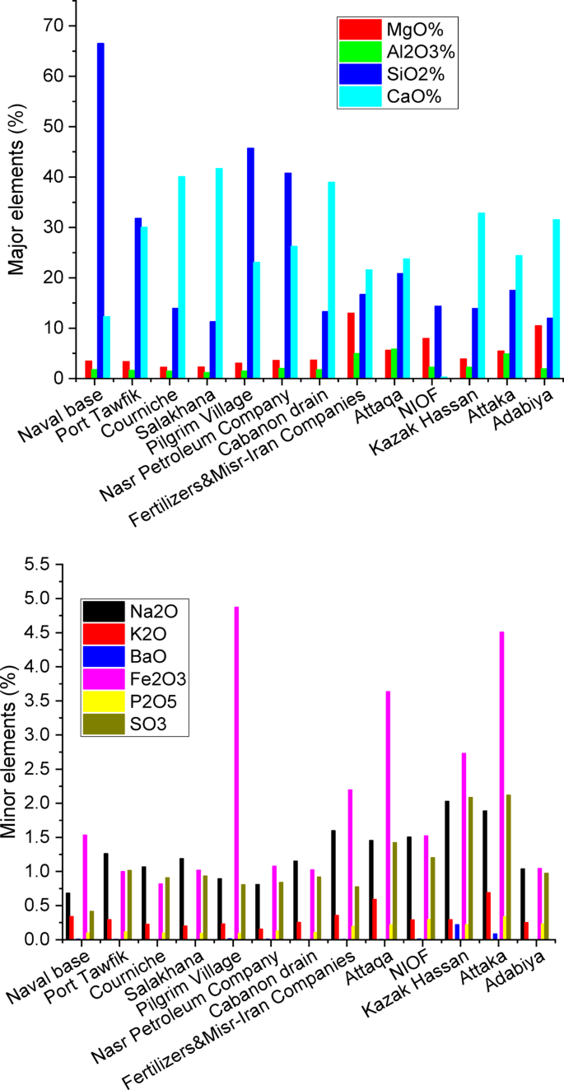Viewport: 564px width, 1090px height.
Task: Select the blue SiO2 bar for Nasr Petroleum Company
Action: pos(288,276)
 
